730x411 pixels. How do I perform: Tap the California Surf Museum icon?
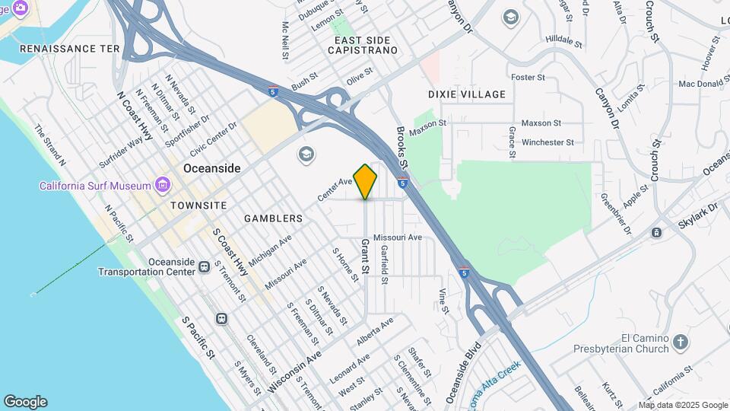(161, 185)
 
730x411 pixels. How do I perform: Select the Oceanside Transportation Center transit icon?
(204, 266)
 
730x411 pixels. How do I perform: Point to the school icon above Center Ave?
(306, 155)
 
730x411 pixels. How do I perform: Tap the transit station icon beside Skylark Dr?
(656, 232)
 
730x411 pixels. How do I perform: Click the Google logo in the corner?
(25, 402)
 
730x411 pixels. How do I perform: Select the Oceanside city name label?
(212, 168)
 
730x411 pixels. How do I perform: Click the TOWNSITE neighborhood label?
(198, 205)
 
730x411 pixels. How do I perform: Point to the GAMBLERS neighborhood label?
(273, 218)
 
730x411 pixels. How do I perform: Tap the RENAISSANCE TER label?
(70, 48)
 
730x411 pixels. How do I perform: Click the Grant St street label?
(365, 257)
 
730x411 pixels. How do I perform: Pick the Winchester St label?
(547, 142)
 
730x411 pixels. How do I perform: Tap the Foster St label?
(528, 78)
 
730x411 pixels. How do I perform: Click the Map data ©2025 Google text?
(684, 405)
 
